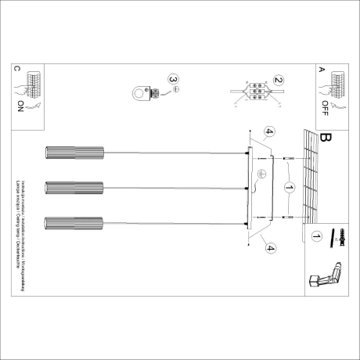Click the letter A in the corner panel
pos(321,69)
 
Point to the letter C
pos(16,69)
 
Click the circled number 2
pos(278,80)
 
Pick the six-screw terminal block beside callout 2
pos(254,91)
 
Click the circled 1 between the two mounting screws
pos(289,188)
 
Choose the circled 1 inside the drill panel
pos(316,235)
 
